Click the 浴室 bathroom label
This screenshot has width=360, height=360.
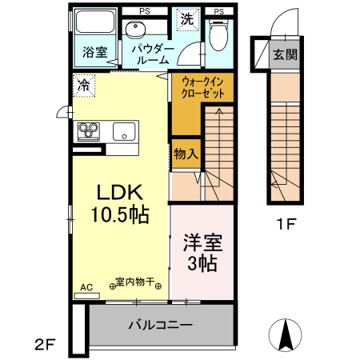(x=95, y=53)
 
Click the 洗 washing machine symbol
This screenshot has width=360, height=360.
(x=186, y=18)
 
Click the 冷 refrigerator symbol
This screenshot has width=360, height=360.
(x=83, y=82)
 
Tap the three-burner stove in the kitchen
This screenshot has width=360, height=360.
(x=90, y=131)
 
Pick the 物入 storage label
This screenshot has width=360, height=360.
(x=186, y=153)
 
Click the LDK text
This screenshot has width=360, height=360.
(x=119, y=193)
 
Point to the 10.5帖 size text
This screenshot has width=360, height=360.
(x=119, y=214)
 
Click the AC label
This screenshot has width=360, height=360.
(x=86, y=285)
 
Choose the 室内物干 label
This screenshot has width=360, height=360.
(x=139, y=282)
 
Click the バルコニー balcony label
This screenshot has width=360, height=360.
(x=160, y=326)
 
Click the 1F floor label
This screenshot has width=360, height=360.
(x=286, y=225)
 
